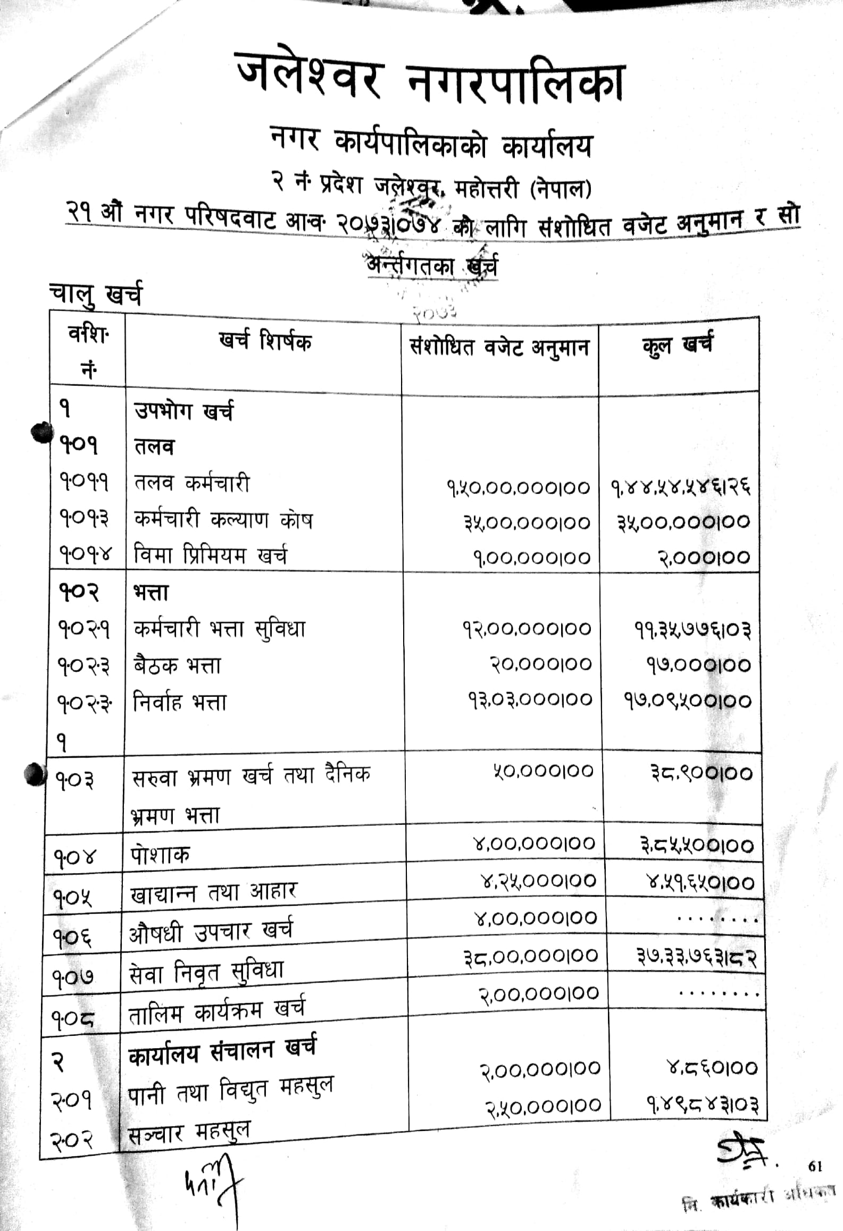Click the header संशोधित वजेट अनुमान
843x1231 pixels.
tap(499, 348)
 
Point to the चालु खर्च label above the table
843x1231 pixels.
tap(96, 296)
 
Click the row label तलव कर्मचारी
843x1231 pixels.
tap(191, 484)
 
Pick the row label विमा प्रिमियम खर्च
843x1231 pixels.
tap(210, 556)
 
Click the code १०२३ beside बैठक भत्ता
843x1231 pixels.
tap(84, 665)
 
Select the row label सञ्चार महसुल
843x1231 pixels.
tap(189, 1132)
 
